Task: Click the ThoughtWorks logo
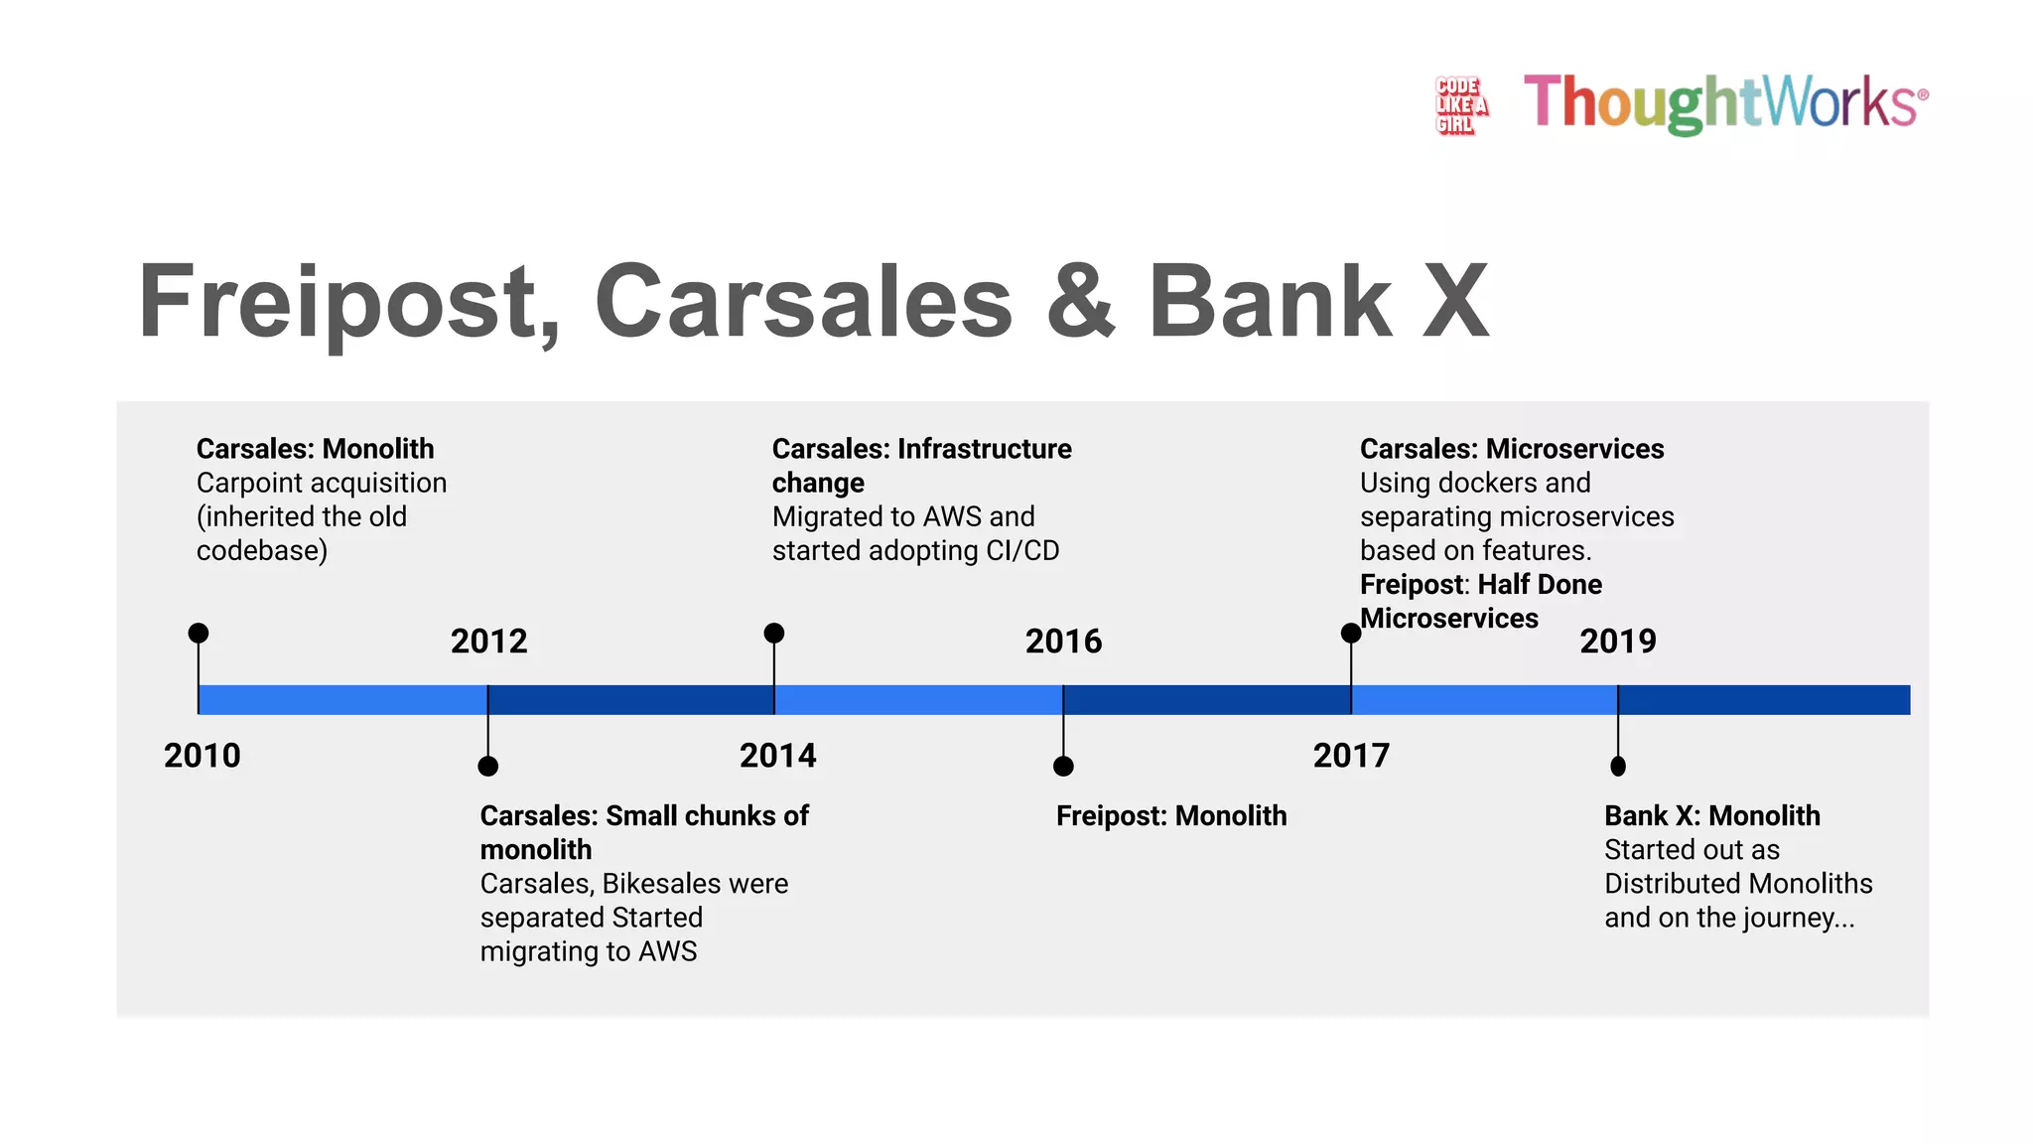(1725, 102)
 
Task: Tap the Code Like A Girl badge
(1460, 105)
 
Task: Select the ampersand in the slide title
(1080, 302)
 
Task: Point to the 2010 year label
(203, 756)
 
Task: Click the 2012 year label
(488, 642)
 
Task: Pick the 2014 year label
(777, 756)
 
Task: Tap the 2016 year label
(1063, 642)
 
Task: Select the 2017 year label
(1351, 756)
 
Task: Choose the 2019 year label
(1618, 642)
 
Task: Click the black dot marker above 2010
(199, 633)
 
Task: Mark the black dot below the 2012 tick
(487, 766)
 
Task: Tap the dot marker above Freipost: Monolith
(1063, 766)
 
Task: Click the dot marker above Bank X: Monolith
(1618, 766)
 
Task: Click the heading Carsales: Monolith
(315, 449)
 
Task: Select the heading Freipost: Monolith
(1171, 816)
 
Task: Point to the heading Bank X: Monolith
(1712, 816)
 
